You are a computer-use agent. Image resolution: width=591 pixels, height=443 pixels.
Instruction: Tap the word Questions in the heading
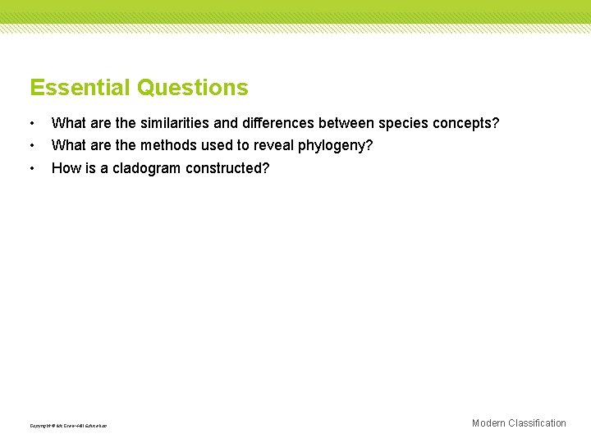193,88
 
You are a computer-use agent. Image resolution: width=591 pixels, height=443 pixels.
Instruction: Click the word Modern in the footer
488,423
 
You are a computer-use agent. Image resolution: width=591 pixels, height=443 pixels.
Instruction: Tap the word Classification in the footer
537,423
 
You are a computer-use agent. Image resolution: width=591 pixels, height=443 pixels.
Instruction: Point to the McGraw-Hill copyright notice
68,425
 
